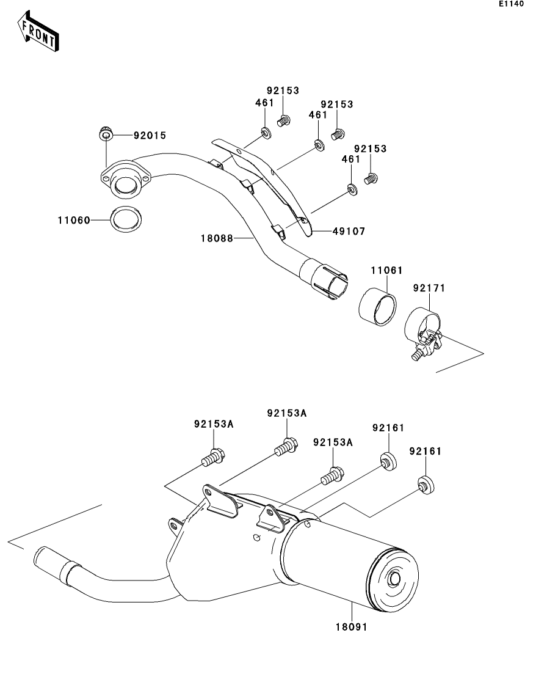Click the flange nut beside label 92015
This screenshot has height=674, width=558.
click(106, 133)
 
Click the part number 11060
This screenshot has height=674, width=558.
click(74, 219)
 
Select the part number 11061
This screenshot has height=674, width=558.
click(386, 270)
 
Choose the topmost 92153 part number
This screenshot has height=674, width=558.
click(283, 90)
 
